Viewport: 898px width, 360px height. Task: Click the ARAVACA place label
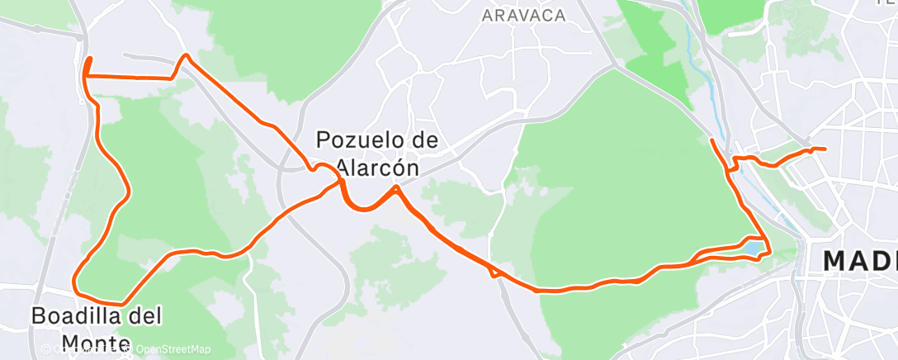[523, 16]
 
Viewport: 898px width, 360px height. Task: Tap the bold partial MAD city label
[859, 262]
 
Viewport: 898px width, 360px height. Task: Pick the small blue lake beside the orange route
[754, 246]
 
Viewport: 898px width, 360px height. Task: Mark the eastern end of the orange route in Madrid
[824, 149]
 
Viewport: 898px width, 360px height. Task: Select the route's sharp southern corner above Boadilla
[125, 301]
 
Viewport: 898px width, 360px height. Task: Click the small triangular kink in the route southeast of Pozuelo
[494, 272]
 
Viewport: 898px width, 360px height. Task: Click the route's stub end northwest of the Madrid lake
[712, 142]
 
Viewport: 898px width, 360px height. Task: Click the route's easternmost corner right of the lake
[768, 251]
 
